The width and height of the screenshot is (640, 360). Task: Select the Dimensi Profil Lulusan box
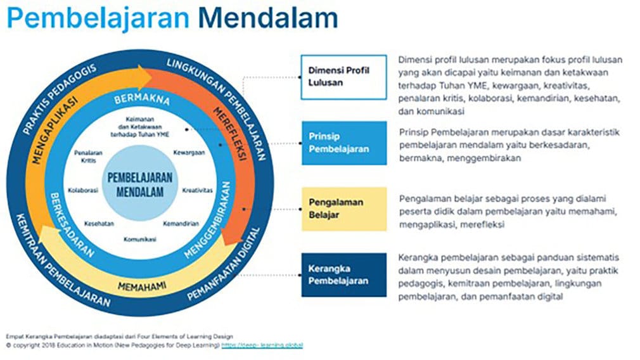tap(343, 77)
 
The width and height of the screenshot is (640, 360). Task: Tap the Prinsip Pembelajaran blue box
tap(343, 143)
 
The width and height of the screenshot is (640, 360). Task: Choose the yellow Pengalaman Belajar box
tap(343, 209)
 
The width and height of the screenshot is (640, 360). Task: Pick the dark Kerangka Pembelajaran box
tap(343, 275)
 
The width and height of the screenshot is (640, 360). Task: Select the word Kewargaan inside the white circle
tap(189, 153)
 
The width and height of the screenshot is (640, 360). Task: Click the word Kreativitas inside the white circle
tap(197, 190)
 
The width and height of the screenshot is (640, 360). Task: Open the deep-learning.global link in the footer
tap(262, 345)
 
